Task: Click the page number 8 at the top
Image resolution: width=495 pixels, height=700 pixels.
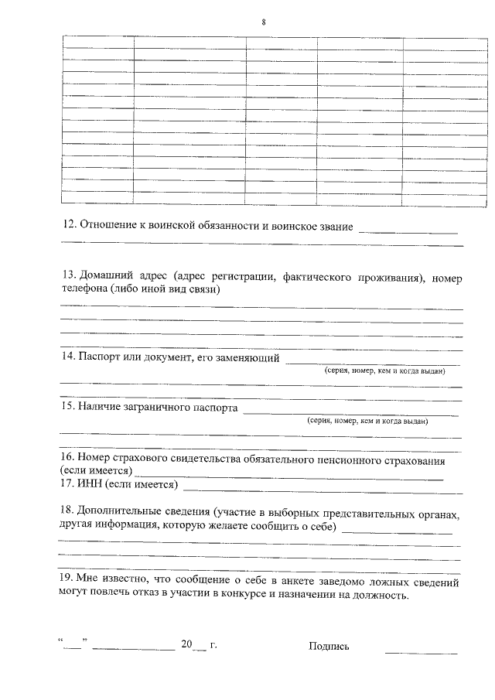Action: (x=263, y=22)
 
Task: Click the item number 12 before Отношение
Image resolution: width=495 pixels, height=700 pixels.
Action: (x=67, y=227)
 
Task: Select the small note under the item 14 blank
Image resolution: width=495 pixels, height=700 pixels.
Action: (x=384, y=371)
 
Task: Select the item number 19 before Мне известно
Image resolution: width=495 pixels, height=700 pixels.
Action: (x=67, y=578)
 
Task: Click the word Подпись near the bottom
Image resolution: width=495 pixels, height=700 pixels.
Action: (x=329, y=647)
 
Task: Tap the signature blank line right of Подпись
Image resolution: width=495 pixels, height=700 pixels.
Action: (x=421, y=651)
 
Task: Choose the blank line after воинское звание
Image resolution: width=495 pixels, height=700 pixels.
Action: (x=409, y=231)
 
